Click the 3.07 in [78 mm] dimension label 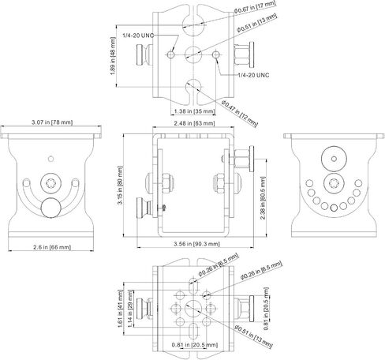(52, 122)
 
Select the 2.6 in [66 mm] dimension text (52, 247)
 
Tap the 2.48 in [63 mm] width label (194, 123)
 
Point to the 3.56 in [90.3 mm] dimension (196, 244)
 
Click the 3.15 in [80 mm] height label (120, 185)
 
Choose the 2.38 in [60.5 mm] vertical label (263, 198)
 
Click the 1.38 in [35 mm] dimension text (194, 111)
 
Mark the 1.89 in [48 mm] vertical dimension (113, 56)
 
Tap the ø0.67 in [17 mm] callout (255, 7)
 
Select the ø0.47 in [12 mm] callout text (239, 113)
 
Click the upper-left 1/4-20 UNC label (138, 36)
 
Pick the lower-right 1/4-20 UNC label (253, 75)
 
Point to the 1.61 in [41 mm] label (121, 309)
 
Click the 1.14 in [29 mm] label (130, 309)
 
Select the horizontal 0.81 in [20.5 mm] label (195, 345)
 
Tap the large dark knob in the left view (51, 208)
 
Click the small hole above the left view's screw (51, 159)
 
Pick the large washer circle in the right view (334, 159)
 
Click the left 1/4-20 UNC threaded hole (170, 54)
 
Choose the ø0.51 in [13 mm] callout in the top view (256, 23)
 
